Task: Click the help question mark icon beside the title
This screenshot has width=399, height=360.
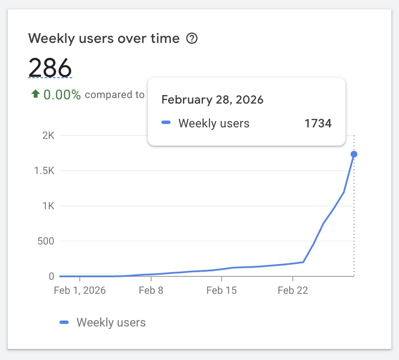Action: [192, 39]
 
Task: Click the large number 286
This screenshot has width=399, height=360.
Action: [50, 67]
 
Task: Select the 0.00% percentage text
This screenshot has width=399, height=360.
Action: [62, 95]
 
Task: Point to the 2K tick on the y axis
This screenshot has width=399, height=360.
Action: [48, 136]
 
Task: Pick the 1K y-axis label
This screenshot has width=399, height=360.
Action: [48, 206]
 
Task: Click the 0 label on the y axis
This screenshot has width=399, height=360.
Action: [51, 276]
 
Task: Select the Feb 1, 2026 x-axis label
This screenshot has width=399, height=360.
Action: [79, 291]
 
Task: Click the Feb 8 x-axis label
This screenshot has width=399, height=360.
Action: [151, 291]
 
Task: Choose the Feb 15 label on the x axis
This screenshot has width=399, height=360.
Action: [221, 291]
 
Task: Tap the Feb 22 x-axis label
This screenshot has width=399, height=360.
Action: [292, 291]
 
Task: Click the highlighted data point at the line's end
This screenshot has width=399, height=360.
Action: [354, 154]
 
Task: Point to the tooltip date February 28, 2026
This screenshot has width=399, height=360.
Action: [213, 100]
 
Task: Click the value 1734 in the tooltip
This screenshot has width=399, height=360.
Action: [318, 124]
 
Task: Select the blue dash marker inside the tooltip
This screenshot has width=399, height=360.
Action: [166, 123]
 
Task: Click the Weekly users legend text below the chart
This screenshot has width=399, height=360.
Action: [111, 323]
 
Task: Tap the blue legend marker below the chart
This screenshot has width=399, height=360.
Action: [65, 323]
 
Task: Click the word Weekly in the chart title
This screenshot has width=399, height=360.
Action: [47, 39]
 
